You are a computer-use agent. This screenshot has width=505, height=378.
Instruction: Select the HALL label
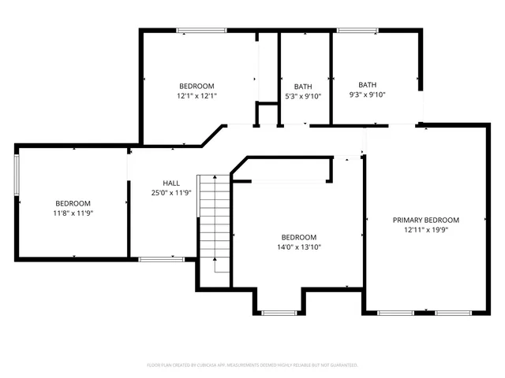click(x=171, y=183)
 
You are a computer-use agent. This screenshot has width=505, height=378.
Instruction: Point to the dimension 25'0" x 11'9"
click(x=171, y=192)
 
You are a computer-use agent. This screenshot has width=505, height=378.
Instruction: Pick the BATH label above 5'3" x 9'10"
click(x=303, y=87)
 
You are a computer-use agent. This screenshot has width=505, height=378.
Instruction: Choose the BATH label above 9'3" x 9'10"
click(x=368, y=85)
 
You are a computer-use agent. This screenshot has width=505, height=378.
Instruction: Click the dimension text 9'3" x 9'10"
click(x=368, y=94)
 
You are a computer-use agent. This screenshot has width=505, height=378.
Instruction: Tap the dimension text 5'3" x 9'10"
click(x=303, y=96)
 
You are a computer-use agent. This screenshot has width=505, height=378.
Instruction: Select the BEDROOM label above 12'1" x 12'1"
click(x=196, y=86)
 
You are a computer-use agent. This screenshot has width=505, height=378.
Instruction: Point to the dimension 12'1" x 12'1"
click(x=196, y=95)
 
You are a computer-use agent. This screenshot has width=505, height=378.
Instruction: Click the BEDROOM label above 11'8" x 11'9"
click(x=73, y=203)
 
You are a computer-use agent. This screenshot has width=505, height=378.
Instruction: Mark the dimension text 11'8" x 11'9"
click(x=73, y=213)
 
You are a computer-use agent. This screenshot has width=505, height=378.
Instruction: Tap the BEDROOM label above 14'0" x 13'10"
click(x=299, y=237)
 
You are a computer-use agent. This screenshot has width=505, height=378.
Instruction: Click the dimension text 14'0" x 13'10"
click(x=299, y=246)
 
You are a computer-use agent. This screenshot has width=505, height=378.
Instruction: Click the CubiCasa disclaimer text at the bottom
click(x=252, y=365)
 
